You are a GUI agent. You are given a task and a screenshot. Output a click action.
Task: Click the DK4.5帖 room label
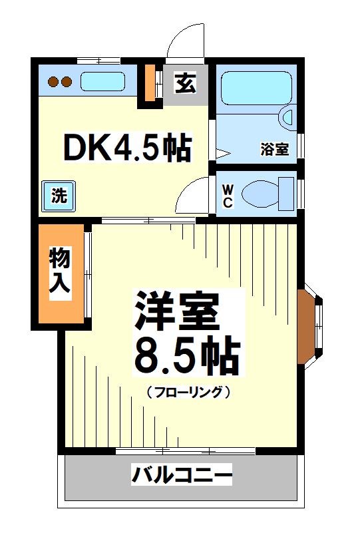[x=126, y=148]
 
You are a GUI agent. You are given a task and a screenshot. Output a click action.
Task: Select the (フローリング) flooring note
[x=188, y=392]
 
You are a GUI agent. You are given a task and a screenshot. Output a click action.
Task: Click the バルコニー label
[x=181, y=476]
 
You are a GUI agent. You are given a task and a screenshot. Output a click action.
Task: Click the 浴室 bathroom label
[x=274, y=149]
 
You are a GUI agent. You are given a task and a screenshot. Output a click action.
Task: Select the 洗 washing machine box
[x=59, y=196]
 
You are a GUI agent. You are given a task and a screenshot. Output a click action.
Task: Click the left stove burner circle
[x=54, y=83]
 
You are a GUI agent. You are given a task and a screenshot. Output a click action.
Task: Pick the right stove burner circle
[x=67, y=83]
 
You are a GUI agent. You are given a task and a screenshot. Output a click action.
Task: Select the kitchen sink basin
[x=102, y=82]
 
